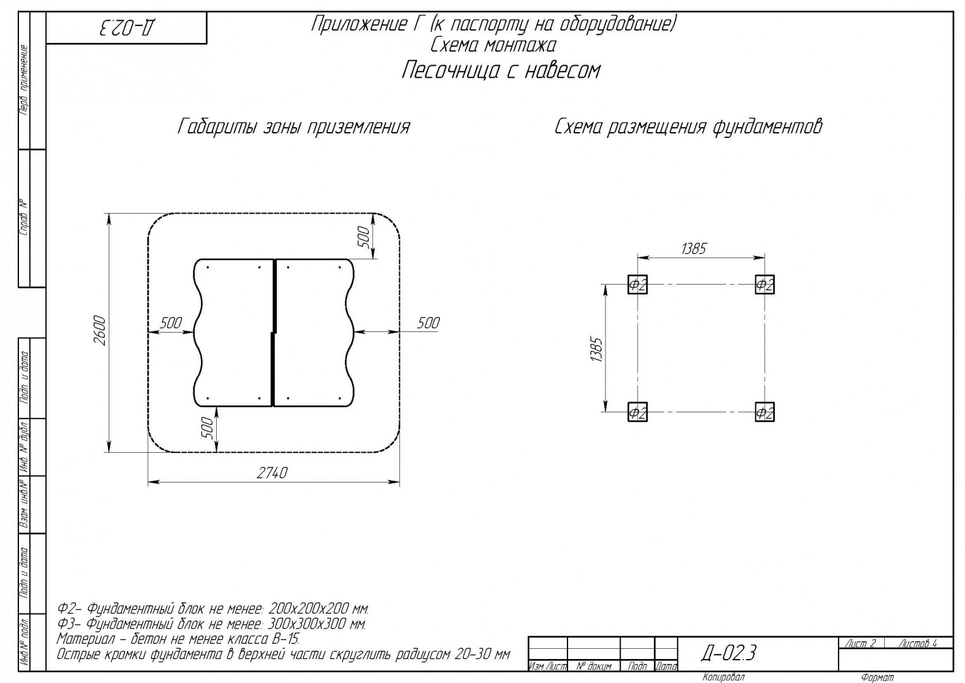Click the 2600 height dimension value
[99, 330]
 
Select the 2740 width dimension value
[272, 473]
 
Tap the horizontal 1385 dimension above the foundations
[694, 249]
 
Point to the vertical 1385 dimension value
[596, 349]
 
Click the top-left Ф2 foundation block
[637, 285]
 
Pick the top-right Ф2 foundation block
[765, 285]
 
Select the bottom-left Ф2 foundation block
[637, 412]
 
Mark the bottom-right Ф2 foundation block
[765, 412]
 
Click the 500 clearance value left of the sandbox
[171, 323]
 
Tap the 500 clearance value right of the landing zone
[428, 323]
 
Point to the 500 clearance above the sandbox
[364, 237]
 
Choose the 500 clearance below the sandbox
[208, 428]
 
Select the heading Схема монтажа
[494, 45]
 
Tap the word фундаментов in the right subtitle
[767, 126]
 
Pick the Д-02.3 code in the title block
[729, 653]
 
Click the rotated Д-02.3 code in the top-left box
[128, 28]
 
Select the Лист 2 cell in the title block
[861, 643]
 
